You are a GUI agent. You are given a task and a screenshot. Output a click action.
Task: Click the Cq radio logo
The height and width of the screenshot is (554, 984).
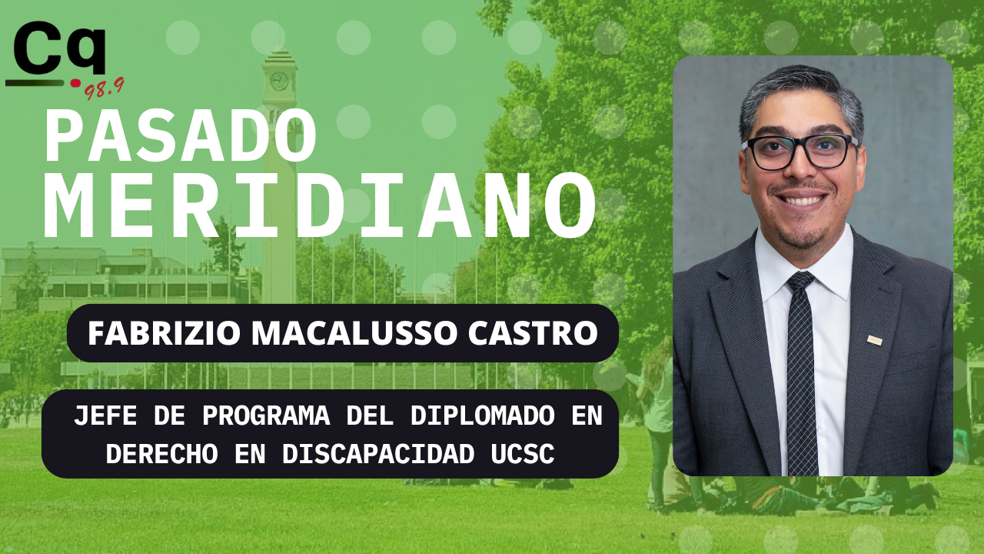tap(65, 59)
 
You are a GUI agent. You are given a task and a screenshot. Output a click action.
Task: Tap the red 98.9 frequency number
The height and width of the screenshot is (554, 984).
tap(105, 88)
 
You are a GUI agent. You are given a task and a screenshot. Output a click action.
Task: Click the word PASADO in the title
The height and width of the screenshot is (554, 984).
tap(181, 136)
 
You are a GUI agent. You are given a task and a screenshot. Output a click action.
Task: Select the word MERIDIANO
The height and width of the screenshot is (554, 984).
tap(320, 205)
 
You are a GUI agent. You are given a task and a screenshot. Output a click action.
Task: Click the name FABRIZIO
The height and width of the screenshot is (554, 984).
tap(164, 333)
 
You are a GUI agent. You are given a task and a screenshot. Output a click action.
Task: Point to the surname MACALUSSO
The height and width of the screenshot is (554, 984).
tap(354, 333)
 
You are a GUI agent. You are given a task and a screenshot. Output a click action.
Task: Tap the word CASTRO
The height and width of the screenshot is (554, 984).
tap(533, 333)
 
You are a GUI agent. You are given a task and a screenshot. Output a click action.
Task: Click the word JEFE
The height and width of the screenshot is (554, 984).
tap(105, 415)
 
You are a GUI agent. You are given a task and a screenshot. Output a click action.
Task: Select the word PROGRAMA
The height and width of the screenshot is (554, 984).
tap(266, 415)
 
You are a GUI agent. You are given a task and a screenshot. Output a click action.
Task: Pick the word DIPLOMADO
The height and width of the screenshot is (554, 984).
tap(482, 415)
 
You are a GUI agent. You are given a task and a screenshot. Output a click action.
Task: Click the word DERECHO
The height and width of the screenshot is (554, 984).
tap(161, 453)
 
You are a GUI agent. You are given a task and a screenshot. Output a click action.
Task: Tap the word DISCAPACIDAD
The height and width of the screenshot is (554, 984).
tap(378, 453)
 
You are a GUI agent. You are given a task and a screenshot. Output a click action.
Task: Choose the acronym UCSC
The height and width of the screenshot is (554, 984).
tap(522, 453)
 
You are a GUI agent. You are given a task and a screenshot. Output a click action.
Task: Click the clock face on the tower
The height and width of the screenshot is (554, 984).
tap(279, 81)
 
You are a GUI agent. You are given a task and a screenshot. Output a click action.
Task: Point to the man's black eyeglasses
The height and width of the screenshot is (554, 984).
tap(800, 152)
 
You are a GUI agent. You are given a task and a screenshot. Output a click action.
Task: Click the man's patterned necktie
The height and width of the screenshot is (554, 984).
tap(801, 374)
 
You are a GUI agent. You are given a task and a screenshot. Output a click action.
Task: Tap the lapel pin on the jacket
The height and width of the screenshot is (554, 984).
tap(875, 340)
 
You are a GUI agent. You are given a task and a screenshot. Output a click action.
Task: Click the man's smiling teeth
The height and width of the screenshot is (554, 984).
tap(802, 201)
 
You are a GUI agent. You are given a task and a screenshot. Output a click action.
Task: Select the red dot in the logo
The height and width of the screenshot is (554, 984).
tap(76, 82)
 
